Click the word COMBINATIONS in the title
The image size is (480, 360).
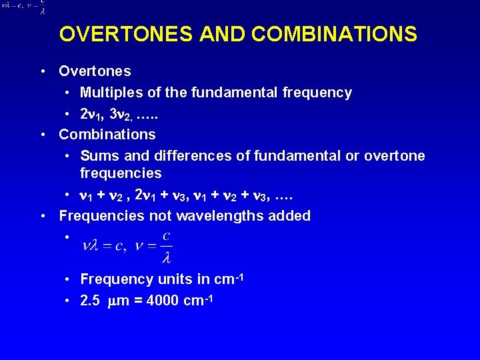pyautogui.click(x=319, y=34)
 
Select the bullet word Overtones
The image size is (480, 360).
pyautogui.click(x=95, y=71)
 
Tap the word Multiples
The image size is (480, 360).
pyautogui.click(x=109, y=93)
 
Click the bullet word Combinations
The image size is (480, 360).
pyautogui.click(x=107, y=134)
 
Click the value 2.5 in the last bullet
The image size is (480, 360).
pyautogui.click(x=90, y=301)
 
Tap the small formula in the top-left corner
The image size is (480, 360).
pyautogui.click(x=24, y=7)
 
